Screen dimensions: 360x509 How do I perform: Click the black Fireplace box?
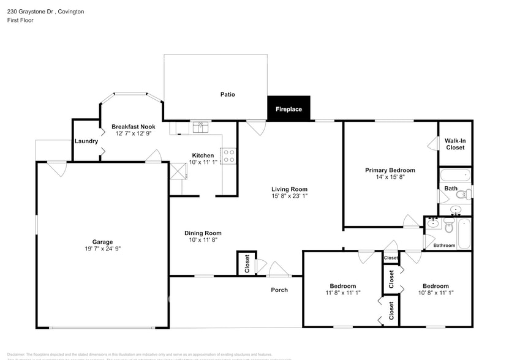(288, 109)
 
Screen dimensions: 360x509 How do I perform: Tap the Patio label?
(228, 94)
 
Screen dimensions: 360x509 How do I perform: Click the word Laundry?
(86, 141)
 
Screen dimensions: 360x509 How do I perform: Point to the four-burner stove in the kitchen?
(228, 156)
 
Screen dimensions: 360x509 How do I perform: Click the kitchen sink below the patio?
(200, 127)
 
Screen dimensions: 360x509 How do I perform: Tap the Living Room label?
(290, 189)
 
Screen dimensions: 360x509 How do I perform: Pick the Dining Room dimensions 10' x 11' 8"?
(203, 241)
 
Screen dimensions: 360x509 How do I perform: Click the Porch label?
(279, 290)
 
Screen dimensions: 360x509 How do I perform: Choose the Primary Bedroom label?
(390, 170)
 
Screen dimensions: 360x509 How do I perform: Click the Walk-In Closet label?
(455, 144)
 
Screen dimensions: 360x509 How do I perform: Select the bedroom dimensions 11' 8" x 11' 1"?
(342, 293)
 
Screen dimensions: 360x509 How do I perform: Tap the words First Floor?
(21, 20)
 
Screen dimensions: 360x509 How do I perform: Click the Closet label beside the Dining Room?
(247, 264)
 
